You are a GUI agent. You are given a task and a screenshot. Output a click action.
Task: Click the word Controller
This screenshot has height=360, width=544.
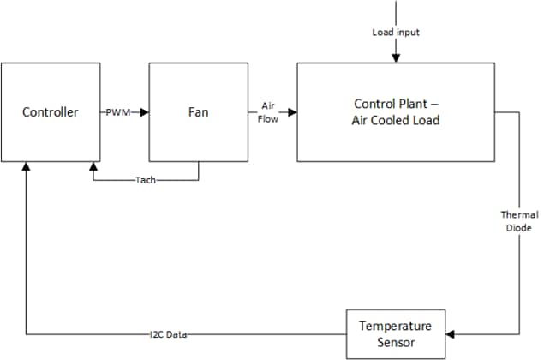click(x=51, y=112)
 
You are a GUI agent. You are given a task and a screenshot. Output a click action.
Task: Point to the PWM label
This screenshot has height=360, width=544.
click(x=117, y=112)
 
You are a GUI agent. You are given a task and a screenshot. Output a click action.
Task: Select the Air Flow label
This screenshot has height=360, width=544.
click(x=267, y=112)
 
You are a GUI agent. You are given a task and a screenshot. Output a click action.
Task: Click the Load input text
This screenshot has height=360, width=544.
click(x=395, y=33)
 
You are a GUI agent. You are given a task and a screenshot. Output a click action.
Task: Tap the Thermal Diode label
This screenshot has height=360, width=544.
click(x=519, y=220)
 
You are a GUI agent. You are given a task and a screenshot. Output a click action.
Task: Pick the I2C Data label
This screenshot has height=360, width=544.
click(x=168, y=334)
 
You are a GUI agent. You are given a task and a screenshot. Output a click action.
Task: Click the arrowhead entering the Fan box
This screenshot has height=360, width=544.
click(x=144, y=112)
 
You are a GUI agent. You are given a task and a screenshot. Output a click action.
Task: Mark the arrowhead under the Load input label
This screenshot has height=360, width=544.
click(x=395, y=57)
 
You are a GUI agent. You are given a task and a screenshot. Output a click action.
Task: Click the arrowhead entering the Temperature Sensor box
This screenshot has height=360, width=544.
click(x=451, y=334)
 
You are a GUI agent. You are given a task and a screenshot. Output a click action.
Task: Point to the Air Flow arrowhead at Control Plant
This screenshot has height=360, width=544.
click(x=292, y=112)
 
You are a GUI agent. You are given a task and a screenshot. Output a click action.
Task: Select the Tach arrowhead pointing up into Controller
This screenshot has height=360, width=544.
click(x=94, y=168)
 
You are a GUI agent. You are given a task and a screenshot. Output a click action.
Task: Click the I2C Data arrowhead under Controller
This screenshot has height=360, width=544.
click(x=27, y=168)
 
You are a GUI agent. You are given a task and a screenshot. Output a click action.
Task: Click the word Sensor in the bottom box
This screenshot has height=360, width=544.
click(x=395, y=343)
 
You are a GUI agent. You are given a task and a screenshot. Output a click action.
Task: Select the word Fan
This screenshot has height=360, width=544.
click(x=199, y=112)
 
